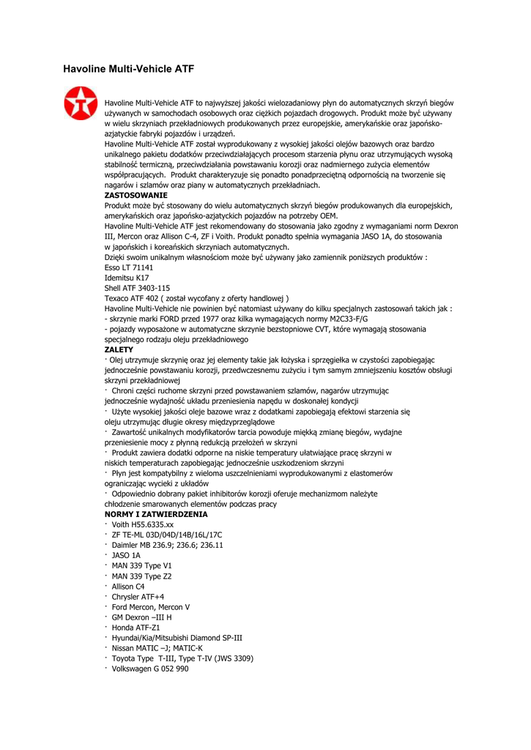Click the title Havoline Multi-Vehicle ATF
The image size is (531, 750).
coord(129,69)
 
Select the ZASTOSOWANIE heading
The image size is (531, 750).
coord(136,196)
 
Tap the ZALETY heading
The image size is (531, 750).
coord(119,349)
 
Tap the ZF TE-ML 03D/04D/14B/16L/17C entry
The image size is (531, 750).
coord(167,535)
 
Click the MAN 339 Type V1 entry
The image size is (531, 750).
coord(142,565)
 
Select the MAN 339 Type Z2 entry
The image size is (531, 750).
coord(142,576)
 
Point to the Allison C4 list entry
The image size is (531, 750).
coord(128,586)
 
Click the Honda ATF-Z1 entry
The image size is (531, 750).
coord(135,627)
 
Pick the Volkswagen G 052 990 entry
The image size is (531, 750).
coord(150,668)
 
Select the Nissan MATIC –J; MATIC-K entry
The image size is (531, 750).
coord(157,647)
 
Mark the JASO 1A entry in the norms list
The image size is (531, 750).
coord(126,555)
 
